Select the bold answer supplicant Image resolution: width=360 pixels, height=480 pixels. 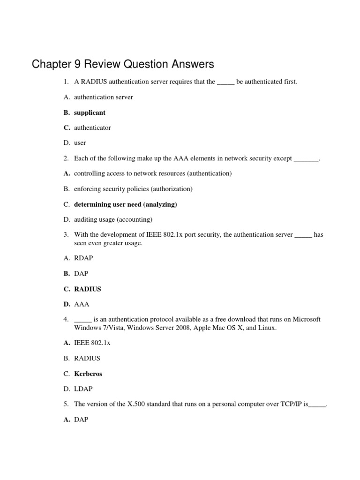tap(90, 112)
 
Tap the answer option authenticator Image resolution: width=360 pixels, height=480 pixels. tap(92, 127)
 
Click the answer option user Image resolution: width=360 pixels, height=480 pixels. tap(80, 142)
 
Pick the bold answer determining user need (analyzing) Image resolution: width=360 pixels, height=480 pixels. tap(126, 204)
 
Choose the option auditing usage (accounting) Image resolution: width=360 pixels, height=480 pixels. tap(113, 219)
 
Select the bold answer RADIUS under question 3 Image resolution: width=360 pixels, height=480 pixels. tap(87, 289)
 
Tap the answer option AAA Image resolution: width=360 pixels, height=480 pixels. tap(82, 304)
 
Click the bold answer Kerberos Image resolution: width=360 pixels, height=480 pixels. tap(88, 374)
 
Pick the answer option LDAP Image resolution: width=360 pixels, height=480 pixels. tap(83, 389)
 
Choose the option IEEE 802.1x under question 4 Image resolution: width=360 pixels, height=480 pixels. tap(92, 343)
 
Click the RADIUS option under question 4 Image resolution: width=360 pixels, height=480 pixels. tap(87, 358)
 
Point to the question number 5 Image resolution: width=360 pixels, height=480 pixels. tap(66, 404)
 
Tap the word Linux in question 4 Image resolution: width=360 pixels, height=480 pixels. tap(268, 328)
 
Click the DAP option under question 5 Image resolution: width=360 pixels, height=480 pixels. tap(81, 420)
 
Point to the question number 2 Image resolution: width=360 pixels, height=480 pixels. tap(66, 158)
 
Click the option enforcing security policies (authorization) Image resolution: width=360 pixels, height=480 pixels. tap(133, 189)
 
